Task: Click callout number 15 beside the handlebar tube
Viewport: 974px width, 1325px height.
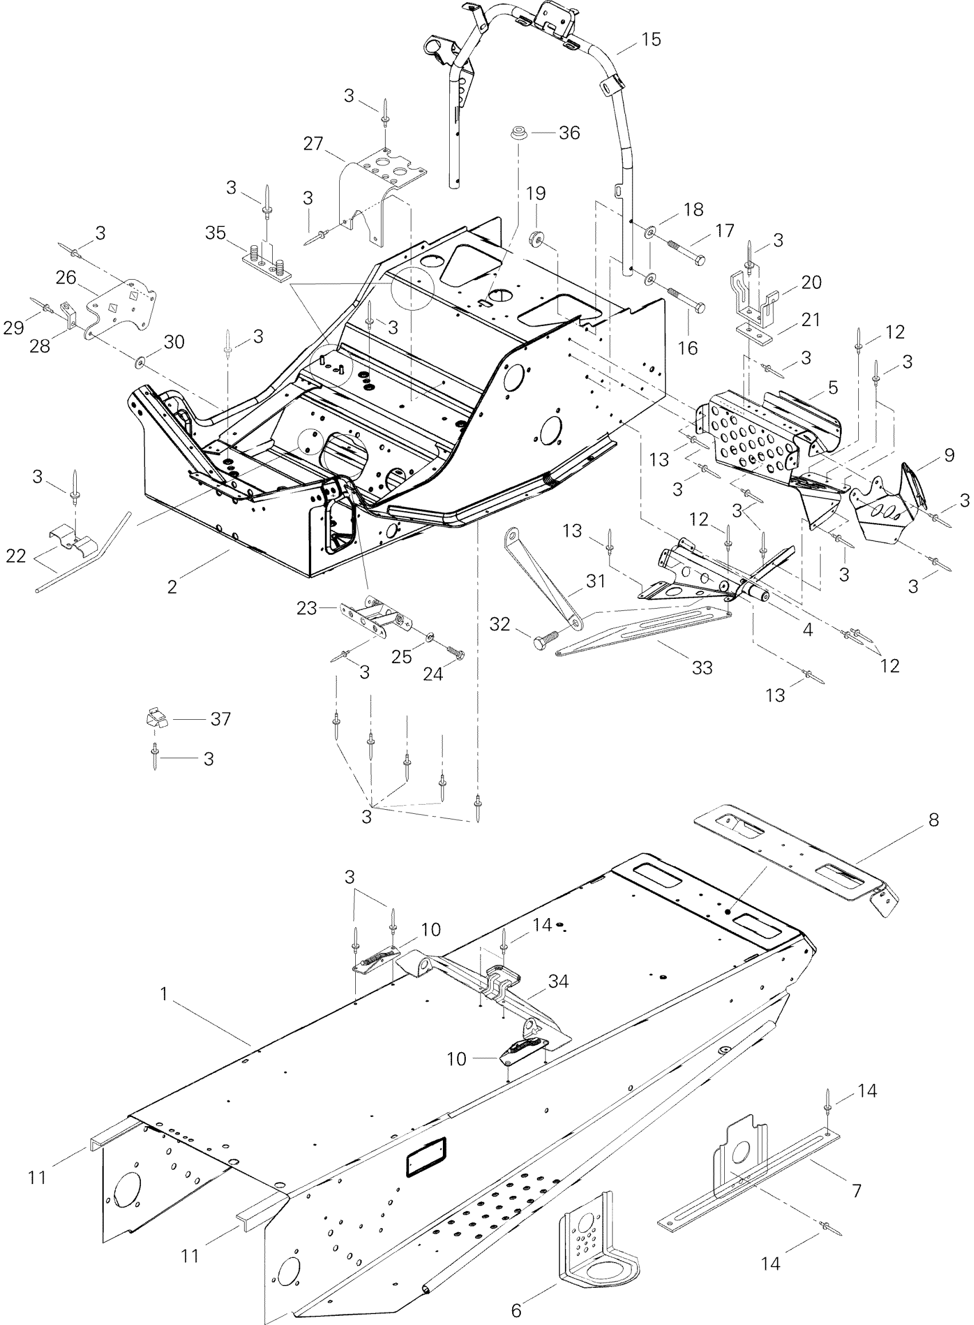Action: [651, 40]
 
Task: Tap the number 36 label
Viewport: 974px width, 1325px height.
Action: [569, 134]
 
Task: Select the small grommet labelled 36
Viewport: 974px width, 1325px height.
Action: [520, 134]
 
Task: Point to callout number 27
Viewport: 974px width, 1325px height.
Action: [313, 143]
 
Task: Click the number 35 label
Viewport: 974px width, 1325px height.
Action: [216, 233]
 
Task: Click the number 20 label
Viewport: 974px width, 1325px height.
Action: [811, 283]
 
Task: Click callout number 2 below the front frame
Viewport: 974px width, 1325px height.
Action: [172, 587]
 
